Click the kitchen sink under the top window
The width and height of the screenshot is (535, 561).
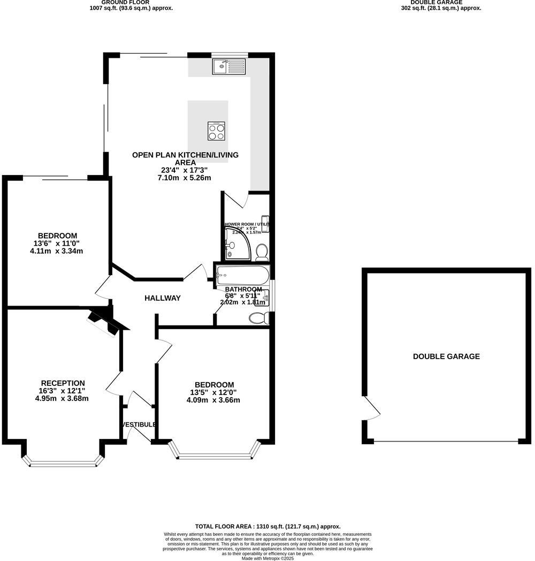(x=228, y=66)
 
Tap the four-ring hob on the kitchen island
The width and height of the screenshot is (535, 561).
(x=217, y=131)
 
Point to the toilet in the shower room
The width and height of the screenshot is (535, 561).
(x=262, y=251)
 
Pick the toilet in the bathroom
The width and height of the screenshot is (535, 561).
(x=258, y=318)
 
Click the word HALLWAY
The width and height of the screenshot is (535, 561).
(x=163, y=298)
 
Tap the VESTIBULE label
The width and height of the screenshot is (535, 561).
(x=139, y=424)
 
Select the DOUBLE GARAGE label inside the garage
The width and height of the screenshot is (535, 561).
(x=446, y=357)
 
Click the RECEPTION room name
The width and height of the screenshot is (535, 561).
(x=63, y=383)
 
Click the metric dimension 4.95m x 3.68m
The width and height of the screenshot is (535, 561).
(x=62, y=398)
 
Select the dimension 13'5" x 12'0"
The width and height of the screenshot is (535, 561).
(x=214, y=392)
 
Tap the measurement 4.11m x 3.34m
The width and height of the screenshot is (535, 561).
(x=57, y=251)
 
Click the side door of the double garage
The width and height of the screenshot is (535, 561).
(x=372, y=409)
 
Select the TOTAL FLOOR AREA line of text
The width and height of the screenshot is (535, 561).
(x=267, y=527)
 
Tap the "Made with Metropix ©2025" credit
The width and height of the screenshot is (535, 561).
(x=267, y=558)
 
